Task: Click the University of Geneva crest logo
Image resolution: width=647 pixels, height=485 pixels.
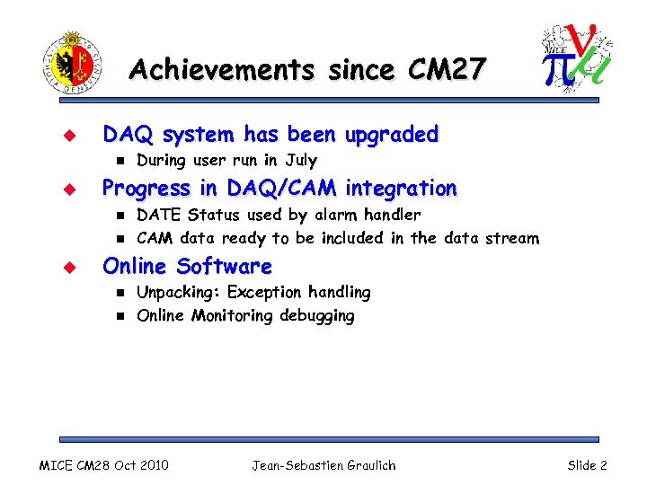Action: [x=72, y=64]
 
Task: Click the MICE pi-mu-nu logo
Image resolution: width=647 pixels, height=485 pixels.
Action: [x=576, y=58]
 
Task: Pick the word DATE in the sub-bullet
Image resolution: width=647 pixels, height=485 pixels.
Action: [x=158, y=215]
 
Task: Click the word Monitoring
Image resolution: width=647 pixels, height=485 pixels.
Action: [x=232, y=316]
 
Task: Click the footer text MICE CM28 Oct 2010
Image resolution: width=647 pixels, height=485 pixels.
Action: [x=102, y=465]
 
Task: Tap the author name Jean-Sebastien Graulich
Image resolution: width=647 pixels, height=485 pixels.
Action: [x=323, y=465]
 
